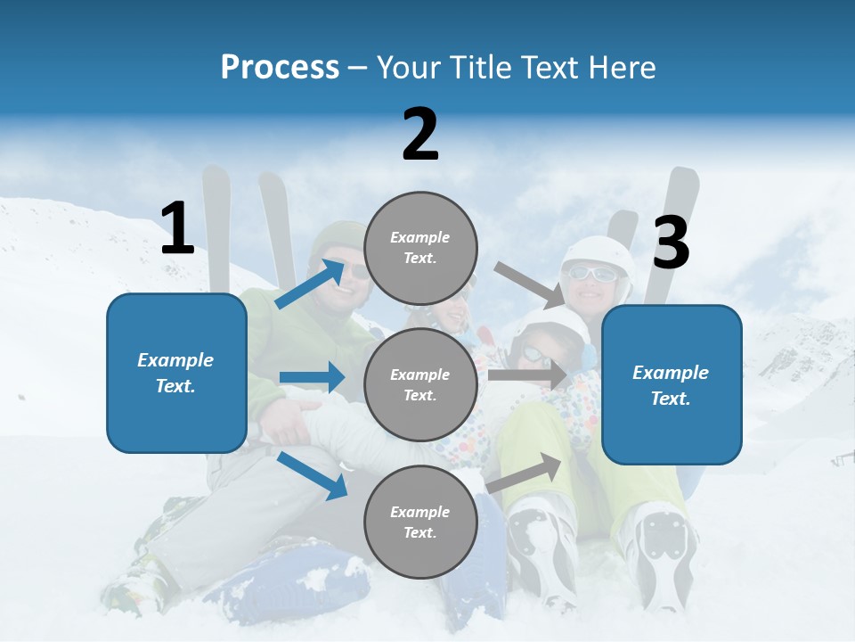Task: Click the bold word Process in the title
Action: (280, 68)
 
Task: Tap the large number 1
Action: (177, 229)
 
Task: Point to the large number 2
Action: (420, 135)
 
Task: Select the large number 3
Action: (671, 243)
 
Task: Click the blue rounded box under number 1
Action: (176, 373)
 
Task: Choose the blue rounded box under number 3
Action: (672, 384)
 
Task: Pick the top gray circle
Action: (420, 248)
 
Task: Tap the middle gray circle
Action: (420, 384)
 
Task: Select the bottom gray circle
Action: (420, 522)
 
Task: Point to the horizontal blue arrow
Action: (312, 377)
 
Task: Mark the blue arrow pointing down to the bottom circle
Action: (312, 475)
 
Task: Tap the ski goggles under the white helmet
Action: (590, 275)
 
